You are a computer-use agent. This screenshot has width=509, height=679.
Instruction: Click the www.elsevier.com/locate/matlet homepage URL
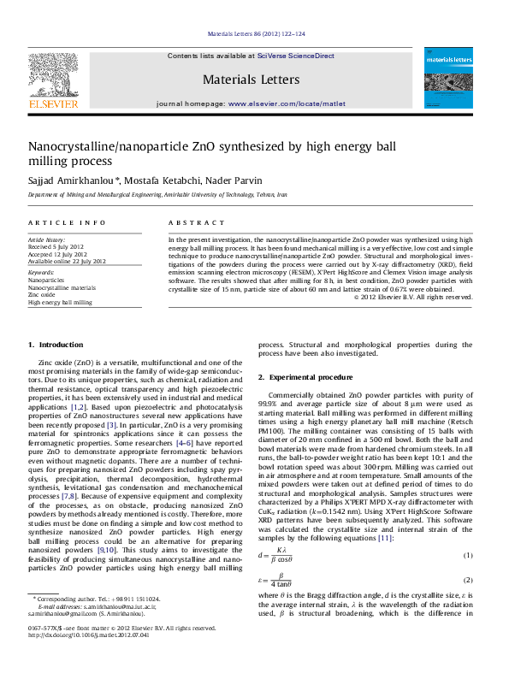[x=287, y=103]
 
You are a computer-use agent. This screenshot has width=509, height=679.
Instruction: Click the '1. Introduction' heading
[x=56, y=345]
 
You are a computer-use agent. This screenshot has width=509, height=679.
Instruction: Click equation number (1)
[x=468, y=556]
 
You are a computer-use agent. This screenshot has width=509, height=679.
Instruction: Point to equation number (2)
[x=468, y=579]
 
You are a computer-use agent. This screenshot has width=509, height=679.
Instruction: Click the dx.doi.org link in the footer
[x=88, y=659]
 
